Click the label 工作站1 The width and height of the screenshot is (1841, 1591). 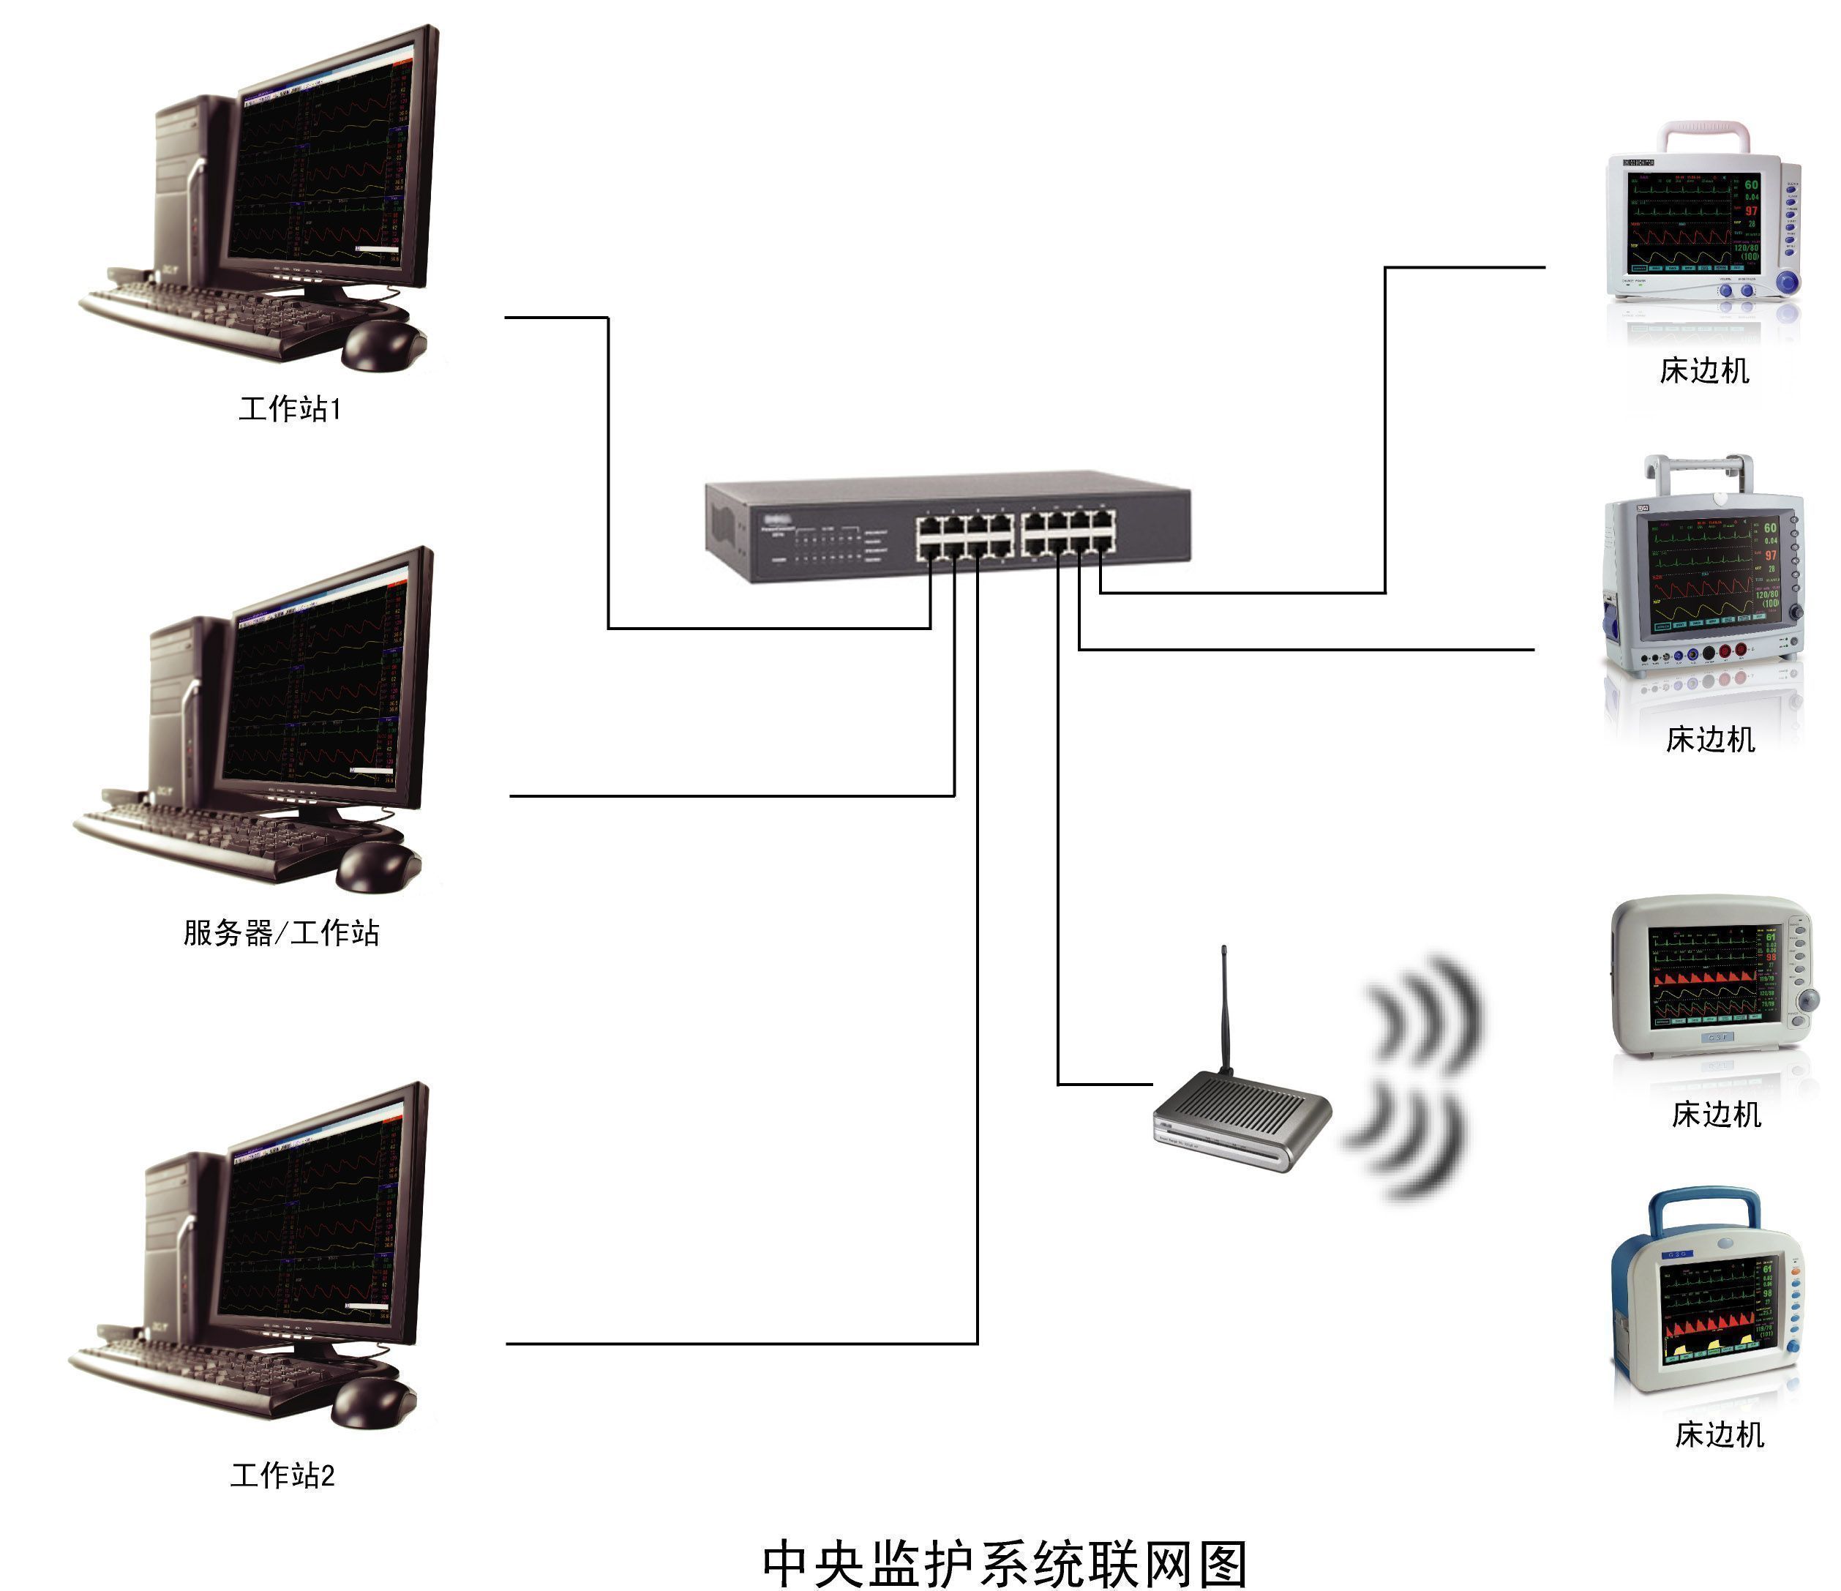pyautogui.click(x=290, y=409)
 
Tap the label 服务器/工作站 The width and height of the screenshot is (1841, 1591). pyautogui.click(x=282, y=932)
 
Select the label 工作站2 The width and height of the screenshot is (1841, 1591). pyautogui.click(x=282, y=1475)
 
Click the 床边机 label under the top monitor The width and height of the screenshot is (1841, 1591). pyautogui.click(x=1704, y=370)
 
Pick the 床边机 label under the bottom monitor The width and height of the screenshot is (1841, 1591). pyautogui.click(x=1720, y=1434)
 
